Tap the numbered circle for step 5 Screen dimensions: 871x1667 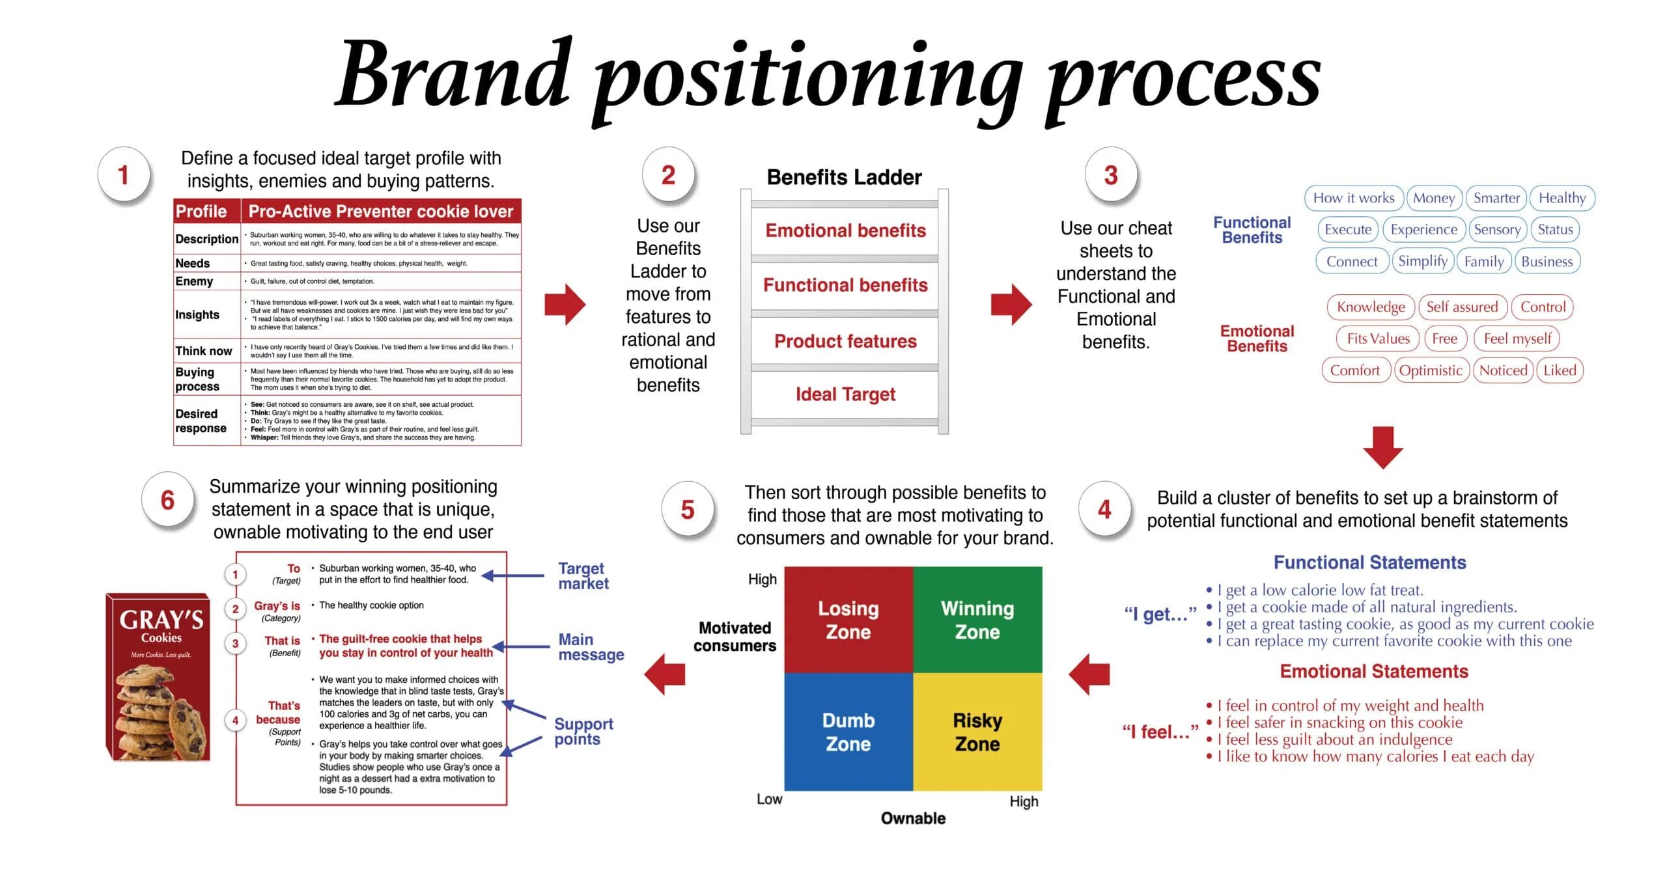click(688, 510)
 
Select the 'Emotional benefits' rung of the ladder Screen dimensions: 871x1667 click(845, 230)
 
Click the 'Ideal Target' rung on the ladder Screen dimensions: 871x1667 click(845, 394)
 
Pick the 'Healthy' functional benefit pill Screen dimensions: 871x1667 click(1562, 198)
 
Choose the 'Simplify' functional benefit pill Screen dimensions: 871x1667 click(1422, 261)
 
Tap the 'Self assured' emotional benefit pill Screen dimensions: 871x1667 click(1462, 307)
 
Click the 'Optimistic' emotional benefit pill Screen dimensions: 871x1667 click(1431, 370)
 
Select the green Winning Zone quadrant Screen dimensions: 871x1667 click(977, 620)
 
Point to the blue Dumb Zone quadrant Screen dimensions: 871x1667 click(848, 732)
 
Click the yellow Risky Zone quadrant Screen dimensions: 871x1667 click(977, 732)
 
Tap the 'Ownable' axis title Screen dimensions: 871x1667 click(913, 818)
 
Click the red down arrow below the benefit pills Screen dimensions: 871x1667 click(1382, 447)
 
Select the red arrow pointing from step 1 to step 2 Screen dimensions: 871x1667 click(565, 304)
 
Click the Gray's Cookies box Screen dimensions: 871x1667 click(158, 677)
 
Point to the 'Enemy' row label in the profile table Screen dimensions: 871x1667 click(194, 281)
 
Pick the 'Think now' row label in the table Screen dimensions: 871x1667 click(203, 351)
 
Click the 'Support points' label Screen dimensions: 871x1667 click(583, 731)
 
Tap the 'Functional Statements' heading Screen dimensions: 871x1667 click(1369, 562)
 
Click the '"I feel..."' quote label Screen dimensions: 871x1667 click(1160, 732)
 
